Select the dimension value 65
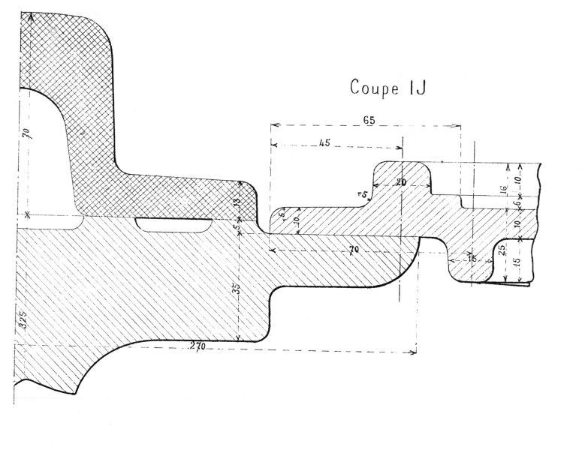(x=368, y=118)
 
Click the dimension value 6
(x=517, y=203)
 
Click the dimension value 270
(x=198, y=346)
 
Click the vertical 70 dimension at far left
(x=26, y=136)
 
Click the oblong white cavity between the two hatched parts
(x=173, y=224)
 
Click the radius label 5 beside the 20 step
(x=365, y=195)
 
